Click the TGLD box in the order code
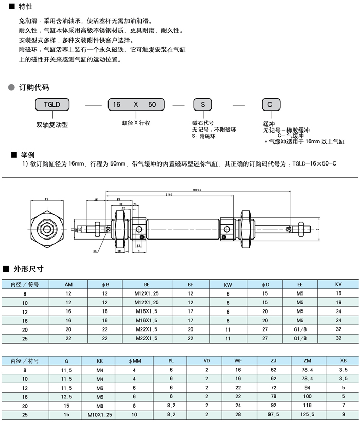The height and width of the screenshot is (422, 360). coord(52,104)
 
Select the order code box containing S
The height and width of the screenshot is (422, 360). coord(203,104)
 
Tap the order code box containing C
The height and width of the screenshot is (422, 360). coord(270,104)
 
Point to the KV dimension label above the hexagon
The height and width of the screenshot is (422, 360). coord(46,198)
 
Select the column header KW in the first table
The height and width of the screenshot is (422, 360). coord(228,284)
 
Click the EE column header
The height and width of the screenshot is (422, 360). coord(300,284)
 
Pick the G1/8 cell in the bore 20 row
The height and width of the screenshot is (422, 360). coord(300,329)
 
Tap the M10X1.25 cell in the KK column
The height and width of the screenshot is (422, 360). coord(100,414)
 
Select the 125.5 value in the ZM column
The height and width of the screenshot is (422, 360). coord(308,414)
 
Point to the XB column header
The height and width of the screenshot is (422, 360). coord(343,360)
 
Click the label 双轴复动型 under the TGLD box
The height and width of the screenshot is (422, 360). coord(52,124)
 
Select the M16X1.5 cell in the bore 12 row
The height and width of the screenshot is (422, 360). coord(139,311)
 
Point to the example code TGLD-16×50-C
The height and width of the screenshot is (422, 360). coord(314,163)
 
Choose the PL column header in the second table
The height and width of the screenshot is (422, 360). coord(171,360)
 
